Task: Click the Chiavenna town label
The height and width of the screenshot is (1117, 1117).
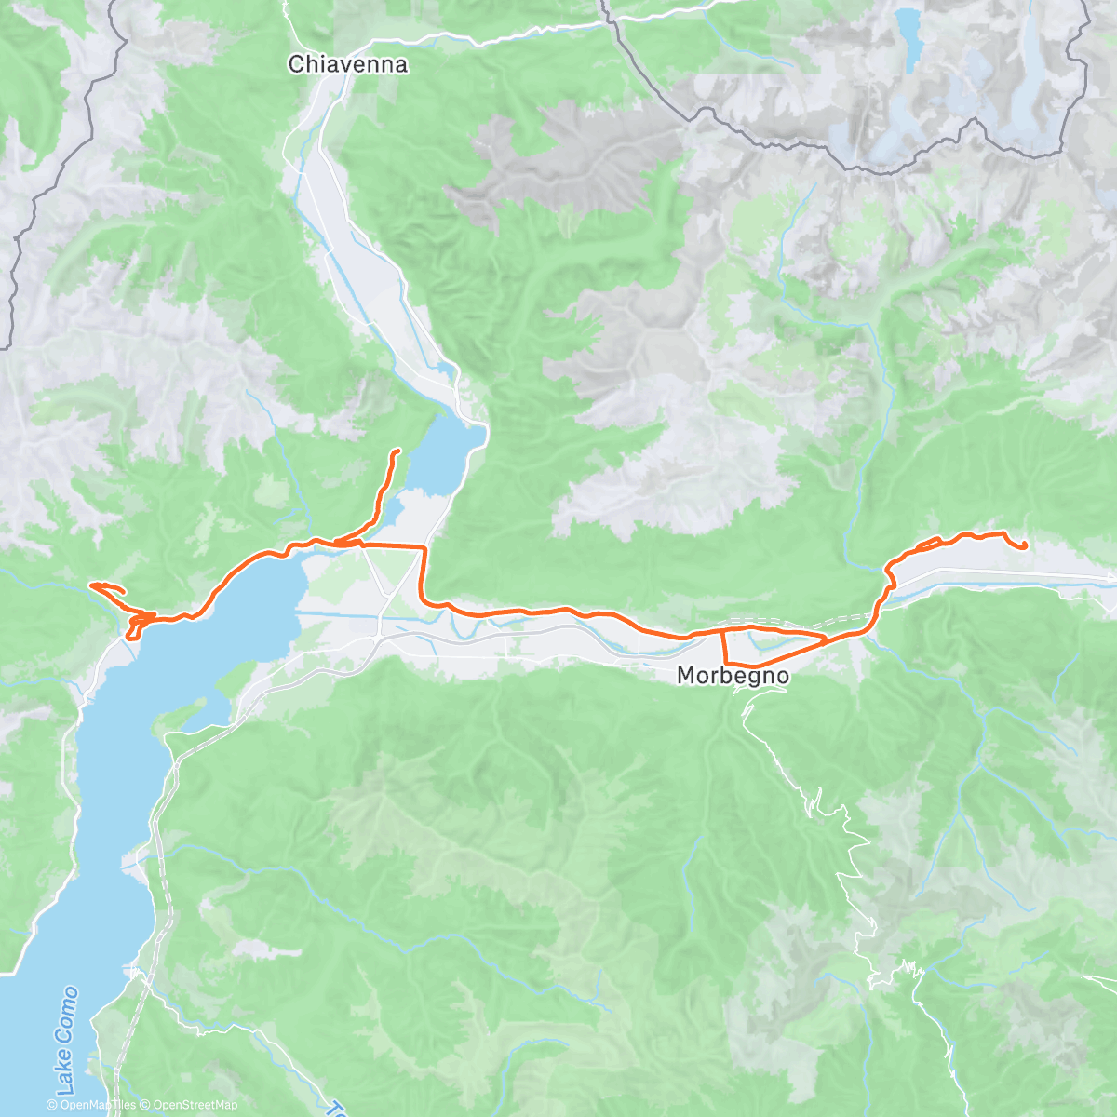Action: click(x=347, y=64)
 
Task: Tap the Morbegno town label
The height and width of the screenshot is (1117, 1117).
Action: click(x=733, y=676)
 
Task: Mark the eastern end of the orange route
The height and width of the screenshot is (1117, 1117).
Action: click(x=1025, y=546)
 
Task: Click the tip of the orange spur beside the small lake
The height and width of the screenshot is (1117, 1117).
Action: click(x=397, y=451)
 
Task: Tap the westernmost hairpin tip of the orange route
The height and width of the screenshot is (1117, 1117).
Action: click(x=90, y=585)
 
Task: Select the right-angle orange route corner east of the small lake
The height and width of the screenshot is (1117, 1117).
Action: click(x=424, y=548)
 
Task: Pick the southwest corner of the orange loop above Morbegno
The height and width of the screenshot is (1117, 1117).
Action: click(x=726, y=661)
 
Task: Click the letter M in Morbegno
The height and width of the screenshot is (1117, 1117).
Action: click(x=685, y=676)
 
